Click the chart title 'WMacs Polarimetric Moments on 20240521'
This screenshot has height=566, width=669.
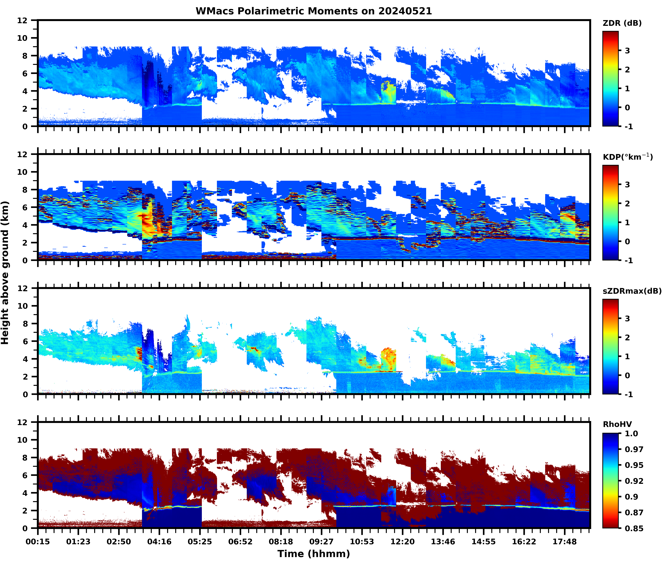pos(314,11)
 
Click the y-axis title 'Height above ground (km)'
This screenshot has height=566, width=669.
pos(5,273)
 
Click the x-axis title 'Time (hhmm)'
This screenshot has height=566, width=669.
pos(314,553)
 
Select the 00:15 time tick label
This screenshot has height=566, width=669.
pos(38,542)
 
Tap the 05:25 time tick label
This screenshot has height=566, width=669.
pos(200,542)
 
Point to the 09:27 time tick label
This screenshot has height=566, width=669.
pos(321,542)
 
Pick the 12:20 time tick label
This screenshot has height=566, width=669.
pos(402,542)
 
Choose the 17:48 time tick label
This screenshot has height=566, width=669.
pos(564,542)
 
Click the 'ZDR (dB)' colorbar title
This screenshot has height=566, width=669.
pos(622,23)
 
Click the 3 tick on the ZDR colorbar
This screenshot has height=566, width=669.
pos(627,51)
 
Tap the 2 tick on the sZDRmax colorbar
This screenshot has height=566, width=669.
pos(627,338)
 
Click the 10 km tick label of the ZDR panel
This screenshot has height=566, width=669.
pos(22,38)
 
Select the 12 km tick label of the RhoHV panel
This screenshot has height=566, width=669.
pos(22,422)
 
